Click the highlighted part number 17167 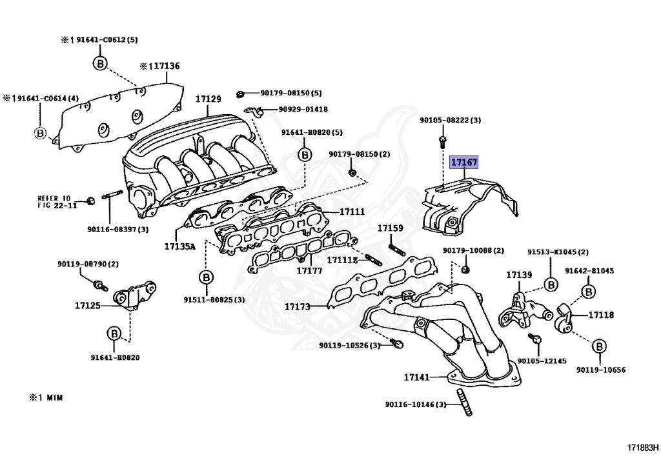click(x=463, y=163)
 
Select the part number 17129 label click(x=208, y=99)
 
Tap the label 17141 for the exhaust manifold click(x=417, y=377)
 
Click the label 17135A click(x=179, y=246)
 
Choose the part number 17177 click(x=309, y=270)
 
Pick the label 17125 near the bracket click(x=87, y=305)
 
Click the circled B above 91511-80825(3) click(x=205, y=278)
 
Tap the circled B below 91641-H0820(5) click(x=304, y=154)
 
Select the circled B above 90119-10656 click(x=598, y=346)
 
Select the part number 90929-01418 click(x=303, y=109)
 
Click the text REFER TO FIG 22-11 click(x=57, y=201)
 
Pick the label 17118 click(x=600, y=315)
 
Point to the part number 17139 click(x=518, y=275)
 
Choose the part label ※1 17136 click(x=159, y=66)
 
